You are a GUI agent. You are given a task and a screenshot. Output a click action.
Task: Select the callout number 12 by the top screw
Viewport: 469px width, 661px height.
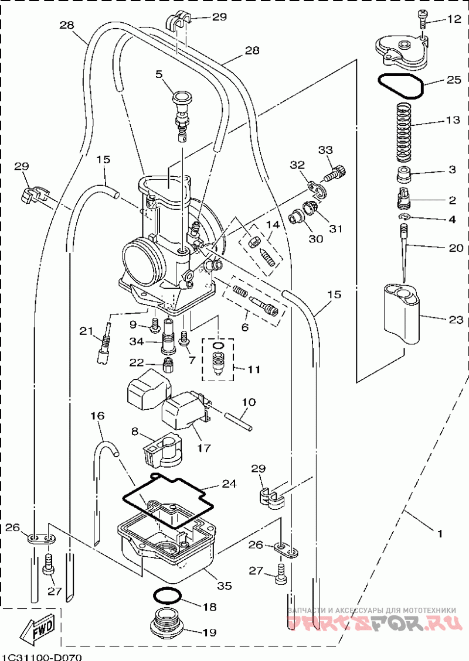pyautogui.click(x=454, y=19)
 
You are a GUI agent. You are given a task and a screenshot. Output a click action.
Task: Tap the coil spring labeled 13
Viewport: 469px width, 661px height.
pyautogui.click(x=403, y=133)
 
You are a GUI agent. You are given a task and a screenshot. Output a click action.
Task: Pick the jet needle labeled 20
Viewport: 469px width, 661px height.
pyautogui.click(x=404, y=252)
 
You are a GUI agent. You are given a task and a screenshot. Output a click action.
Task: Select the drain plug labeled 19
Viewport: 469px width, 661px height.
pyautogui.click(x=168, y=629)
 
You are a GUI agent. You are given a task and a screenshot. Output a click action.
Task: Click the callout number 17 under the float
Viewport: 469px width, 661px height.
pyautogui.click(x=204, y=448)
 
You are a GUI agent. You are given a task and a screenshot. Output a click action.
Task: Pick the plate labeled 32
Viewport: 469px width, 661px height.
pyautogui.click(x=317, y=187)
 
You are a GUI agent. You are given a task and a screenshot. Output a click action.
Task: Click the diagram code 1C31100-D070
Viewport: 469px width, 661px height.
pyautogui.click(x=41, y=657)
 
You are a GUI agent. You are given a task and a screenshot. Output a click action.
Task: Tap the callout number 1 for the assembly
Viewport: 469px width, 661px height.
pyautogui.click(x=440, y=533)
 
